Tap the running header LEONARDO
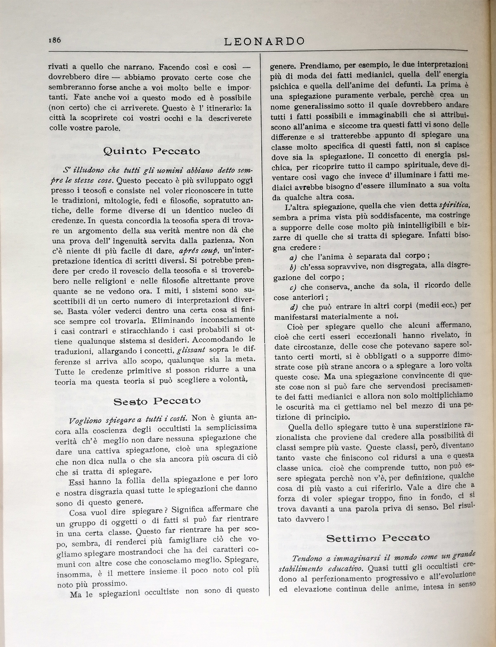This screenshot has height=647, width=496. tap(264, 42)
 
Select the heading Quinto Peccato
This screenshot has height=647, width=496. tap(152, 151)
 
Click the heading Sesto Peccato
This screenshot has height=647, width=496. tap(157, 401)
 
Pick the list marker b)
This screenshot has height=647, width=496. tap(293, 268)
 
